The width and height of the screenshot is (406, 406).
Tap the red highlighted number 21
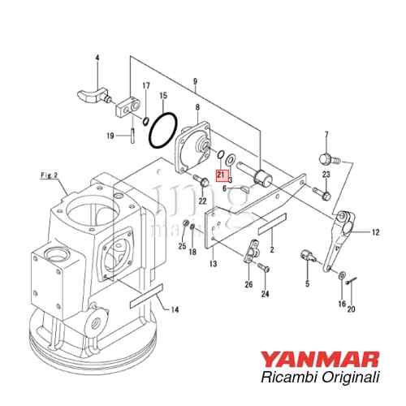click(x=220, y=174)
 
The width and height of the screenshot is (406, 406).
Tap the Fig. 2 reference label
click(x=50, y=175)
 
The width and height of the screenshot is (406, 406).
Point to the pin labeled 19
click(x=131, y=135)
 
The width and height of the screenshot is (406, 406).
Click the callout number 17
click(x=146, y=85)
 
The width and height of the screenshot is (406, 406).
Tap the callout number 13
click(x=213, y=264)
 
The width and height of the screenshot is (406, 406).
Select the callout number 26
click(x=248, y=284)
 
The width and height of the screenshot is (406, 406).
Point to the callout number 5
click(x=307, y=283)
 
